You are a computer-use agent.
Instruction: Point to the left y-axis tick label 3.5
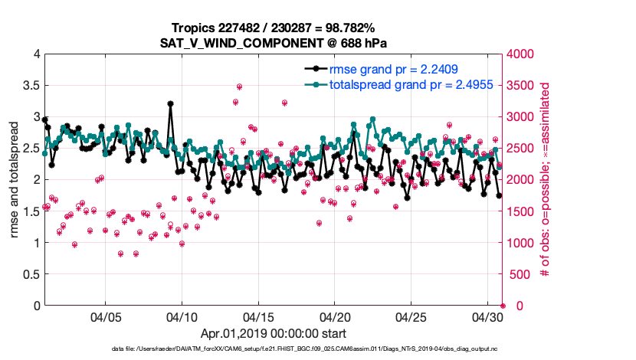click(x=29, y=86)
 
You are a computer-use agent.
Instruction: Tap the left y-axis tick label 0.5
click(x=29, y=274)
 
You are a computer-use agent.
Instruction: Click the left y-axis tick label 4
click(x=34, y=54)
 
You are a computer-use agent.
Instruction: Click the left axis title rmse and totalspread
click(x=15, y=180)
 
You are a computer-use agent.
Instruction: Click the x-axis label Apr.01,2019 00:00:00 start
click(x=274, y=334)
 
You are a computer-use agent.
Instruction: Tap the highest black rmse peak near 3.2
click(x=170, y=104)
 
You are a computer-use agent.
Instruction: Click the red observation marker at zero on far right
click(x=502, y=306)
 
